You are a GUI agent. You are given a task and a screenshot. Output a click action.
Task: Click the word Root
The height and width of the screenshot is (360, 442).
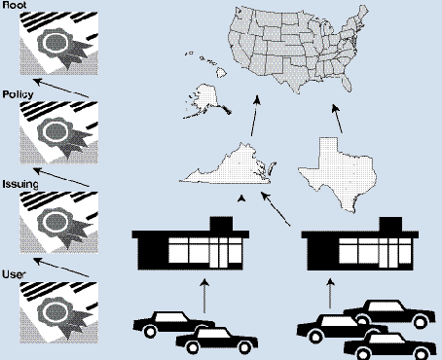click(15, 5)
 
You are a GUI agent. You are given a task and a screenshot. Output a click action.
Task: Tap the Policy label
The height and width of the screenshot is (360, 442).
click(18, 94)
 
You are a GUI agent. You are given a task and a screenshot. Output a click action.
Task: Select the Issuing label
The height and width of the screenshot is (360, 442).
click(20, 184)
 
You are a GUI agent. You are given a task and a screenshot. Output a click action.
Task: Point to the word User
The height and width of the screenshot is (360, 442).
click(14, 274)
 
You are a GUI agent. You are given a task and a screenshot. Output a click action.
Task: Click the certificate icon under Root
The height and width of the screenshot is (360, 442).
click(58, 44)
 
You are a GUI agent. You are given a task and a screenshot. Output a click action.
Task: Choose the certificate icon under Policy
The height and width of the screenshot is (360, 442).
click(58, 132)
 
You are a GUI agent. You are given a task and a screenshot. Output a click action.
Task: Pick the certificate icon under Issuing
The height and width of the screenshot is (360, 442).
click(58, 223)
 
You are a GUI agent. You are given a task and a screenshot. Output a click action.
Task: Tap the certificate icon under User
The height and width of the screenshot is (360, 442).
click(58, 312)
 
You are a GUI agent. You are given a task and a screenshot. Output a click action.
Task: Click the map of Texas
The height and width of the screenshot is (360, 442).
click(339, 172)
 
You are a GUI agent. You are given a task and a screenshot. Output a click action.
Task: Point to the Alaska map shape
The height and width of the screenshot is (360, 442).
click(206, 99)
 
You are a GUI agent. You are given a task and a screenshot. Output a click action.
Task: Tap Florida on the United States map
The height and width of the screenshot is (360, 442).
click(347, 83)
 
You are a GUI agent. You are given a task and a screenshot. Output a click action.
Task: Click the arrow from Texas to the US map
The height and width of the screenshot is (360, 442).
click(337, 119)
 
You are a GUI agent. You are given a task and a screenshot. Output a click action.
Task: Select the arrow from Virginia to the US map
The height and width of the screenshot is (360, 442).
click(255, 116)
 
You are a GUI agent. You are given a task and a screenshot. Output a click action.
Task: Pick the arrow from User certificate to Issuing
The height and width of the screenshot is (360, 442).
click(61, 268)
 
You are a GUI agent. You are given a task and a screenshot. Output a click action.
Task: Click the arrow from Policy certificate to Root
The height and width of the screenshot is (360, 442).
click(61, 88)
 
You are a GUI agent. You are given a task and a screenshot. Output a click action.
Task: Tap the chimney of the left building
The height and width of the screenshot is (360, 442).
click(221, 223)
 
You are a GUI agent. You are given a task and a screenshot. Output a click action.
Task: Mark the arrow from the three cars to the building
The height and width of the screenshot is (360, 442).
click(330, 293)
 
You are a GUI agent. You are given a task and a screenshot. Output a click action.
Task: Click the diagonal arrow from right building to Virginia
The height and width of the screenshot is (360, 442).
click(276, 208)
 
